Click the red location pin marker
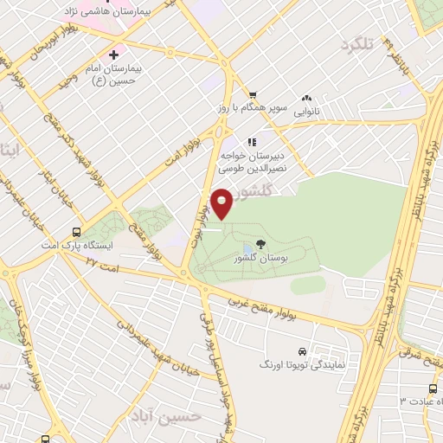(222, 203)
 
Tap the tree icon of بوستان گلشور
(261, 245)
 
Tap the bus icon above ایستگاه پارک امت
(77, 232)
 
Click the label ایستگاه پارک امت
(80, 246)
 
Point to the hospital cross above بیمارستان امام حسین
(112, 55)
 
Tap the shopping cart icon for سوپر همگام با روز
(252, 96)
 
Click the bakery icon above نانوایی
(306, 100)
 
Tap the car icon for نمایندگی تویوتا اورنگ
(300, 352)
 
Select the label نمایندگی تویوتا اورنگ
(303, 366)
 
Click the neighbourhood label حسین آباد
(174, 416)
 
